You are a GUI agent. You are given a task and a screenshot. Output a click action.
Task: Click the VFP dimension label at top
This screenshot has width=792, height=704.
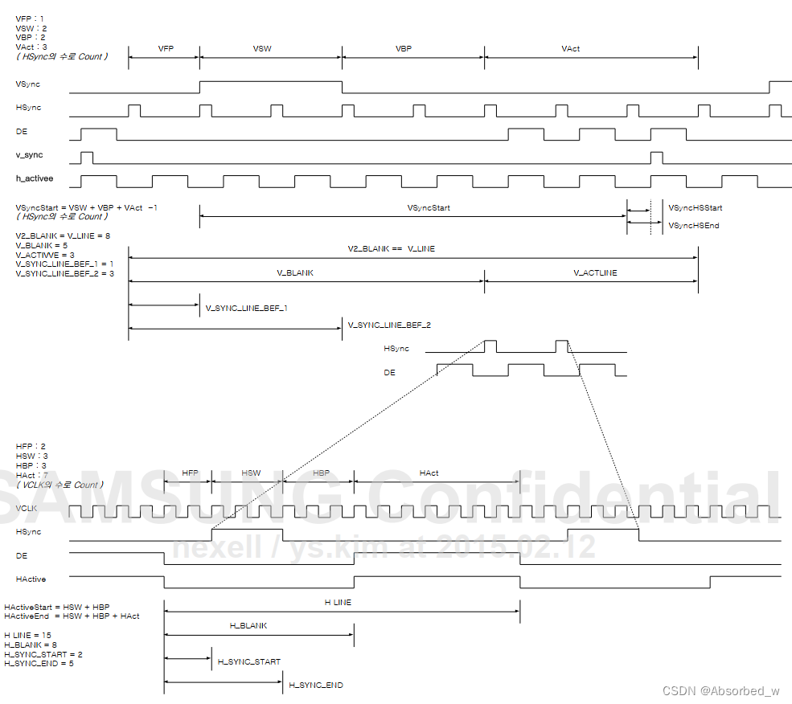166,49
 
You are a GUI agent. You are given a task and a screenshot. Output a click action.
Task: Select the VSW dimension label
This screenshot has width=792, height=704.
262,49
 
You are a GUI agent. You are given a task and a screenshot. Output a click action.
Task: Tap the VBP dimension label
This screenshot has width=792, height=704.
404,49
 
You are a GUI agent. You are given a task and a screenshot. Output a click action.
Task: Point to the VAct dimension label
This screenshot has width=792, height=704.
571,49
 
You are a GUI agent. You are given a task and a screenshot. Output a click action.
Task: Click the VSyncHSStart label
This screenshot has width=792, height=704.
696,208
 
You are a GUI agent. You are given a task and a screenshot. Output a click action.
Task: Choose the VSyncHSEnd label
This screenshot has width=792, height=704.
694,226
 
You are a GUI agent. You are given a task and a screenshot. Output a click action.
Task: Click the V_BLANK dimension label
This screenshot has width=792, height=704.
295,273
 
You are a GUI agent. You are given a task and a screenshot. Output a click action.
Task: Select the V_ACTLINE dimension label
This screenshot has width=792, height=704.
595,273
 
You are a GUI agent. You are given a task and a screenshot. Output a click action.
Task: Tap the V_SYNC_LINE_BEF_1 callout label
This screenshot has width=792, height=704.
247,308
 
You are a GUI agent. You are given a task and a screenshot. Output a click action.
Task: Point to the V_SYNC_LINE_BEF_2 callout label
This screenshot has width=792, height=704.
389,325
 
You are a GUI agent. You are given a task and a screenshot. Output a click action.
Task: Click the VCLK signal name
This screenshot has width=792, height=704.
27,509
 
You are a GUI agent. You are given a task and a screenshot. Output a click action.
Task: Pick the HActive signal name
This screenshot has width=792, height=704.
31,579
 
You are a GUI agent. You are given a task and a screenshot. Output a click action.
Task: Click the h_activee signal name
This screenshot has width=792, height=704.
35,178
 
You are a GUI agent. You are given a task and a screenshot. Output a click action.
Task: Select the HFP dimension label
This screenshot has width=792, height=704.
190,473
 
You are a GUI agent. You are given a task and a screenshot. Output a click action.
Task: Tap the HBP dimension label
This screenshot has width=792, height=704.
322,473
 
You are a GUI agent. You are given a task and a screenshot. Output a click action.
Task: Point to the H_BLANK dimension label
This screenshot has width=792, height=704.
248,625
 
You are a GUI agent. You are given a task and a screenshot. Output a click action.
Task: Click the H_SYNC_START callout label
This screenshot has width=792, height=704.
249,662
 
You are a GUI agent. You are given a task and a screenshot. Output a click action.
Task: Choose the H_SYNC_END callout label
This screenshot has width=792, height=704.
316,686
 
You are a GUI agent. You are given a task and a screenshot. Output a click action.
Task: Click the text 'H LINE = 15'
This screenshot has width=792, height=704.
28,636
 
